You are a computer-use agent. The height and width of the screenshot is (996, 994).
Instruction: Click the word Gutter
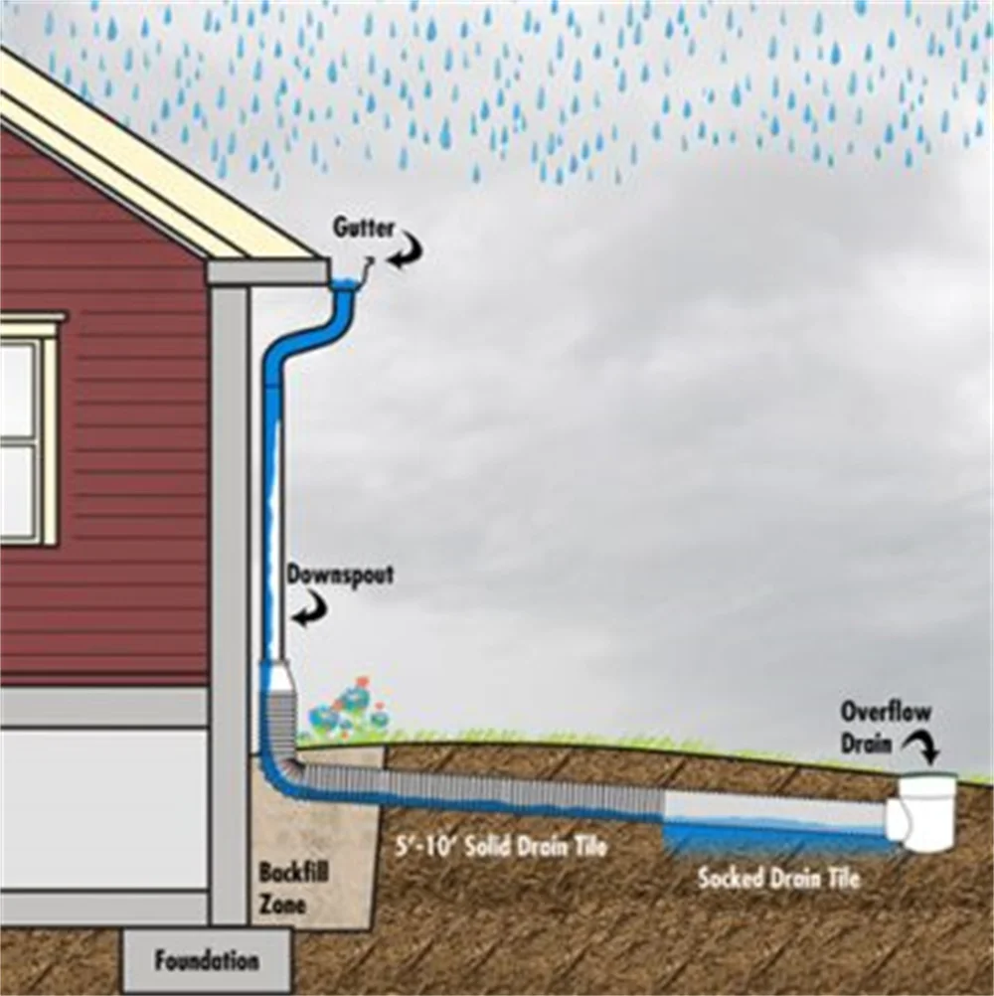363,228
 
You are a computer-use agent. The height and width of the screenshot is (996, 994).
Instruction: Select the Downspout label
340,575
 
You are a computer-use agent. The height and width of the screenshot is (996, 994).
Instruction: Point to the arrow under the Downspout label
311,607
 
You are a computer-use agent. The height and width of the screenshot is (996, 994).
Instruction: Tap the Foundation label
207,961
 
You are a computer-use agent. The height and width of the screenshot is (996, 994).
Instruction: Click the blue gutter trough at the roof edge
345,286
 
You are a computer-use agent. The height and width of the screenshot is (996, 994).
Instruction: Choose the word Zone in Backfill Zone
283,905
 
